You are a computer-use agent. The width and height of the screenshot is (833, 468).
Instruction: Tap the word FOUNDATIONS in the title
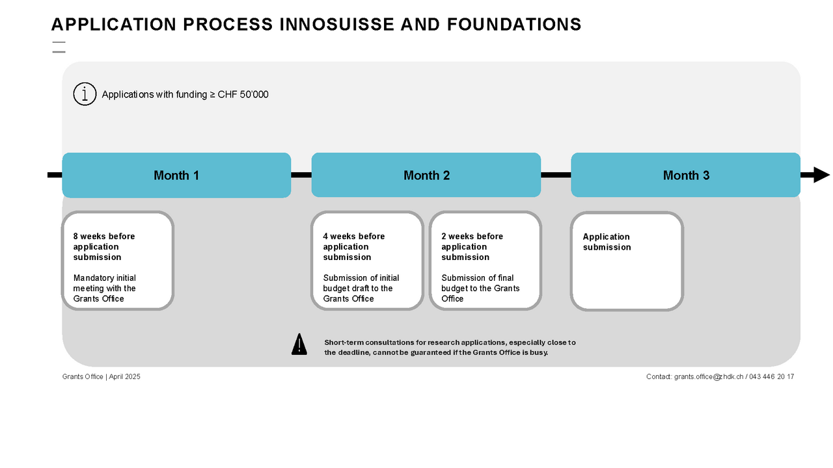(514, 25)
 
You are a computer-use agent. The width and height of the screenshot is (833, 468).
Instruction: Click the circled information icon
(85, 94)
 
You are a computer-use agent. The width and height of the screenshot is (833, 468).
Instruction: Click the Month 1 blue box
(176, 175)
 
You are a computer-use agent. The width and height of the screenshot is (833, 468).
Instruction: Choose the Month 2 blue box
(426, 175)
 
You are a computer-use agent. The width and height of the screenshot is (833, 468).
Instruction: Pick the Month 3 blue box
(686, 175)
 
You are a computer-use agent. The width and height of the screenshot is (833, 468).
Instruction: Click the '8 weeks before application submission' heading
(104, 247)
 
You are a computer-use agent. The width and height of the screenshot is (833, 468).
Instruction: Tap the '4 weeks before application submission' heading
(353, 247)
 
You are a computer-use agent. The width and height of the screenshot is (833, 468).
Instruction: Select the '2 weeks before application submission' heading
(472, 247)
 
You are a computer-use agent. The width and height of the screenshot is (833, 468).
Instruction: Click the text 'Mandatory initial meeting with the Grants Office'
(105, 289)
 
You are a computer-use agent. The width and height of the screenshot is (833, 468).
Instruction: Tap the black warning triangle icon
(299, 344)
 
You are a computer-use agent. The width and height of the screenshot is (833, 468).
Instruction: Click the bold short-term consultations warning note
(450, 347)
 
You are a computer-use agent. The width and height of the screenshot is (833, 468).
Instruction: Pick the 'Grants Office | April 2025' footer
(102, 377)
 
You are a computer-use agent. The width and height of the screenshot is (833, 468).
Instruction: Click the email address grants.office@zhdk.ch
(708, 377)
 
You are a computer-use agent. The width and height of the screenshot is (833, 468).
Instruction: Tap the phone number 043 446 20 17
(771, 377)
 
